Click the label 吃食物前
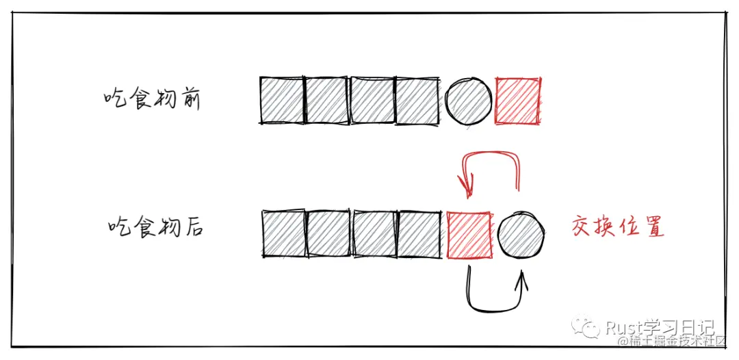pos(152,100)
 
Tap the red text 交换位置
pos(618,227)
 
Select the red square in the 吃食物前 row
pos(519,101)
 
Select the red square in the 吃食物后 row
pos(469,235)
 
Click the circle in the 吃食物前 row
pos(469,101)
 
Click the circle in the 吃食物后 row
pos(521,234)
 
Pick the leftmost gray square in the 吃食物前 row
pos(282,101)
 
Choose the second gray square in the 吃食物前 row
pos(327,101)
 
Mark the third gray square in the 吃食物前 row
pos(372,101)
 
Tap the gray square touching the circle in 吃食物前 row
pos(417,101)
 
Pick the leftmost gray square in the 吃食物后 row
pos(284,233)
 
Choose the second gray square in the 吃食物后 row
pos(328,233)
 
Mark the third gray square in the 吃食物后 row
pos(375,233)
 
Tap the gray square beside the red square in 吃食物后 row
pos(420,233)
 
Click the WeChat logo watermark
pos(585,326)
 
